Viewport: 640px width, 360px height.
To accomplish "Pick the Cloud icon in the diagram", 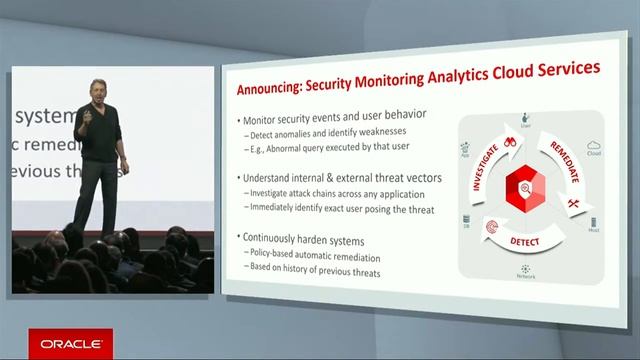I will (x=592, y=145).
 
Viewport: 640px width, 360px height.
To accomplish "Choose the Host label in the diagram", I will (x=594, y=232).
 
